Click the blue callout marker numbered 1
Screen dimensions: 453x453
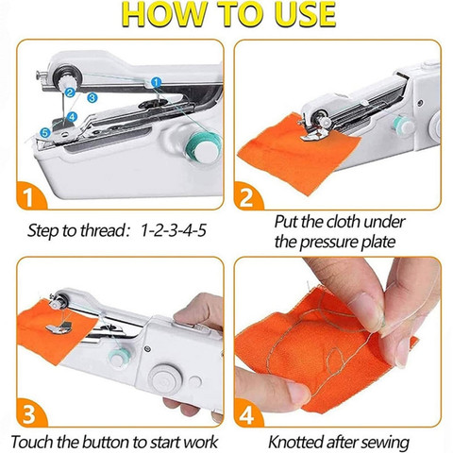click(156, 83)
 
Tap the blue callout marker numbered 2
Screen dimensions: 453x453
click(70, 92)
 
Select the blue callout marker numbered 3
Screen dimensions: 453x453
click(92, 97)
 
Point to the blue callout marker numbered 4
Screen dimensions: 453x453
click(72, 117)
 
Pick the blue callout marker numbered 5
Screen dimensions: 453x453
click(45, 133)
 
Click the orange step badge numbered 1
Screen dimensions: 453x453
click(31, 195)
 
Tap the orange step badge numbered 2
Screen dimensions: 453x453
click(248, 195)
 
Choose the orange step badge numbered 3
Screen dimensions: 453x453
click(31, 412)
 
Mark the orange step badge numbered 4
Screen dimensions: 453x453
click(248, 412)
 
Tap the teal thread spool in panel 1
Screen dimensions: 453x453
click(203, 149)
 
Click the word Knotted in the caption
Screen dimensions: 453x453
click(295, 442)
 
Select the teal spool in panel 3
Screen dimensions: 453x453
click(117, 356)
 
